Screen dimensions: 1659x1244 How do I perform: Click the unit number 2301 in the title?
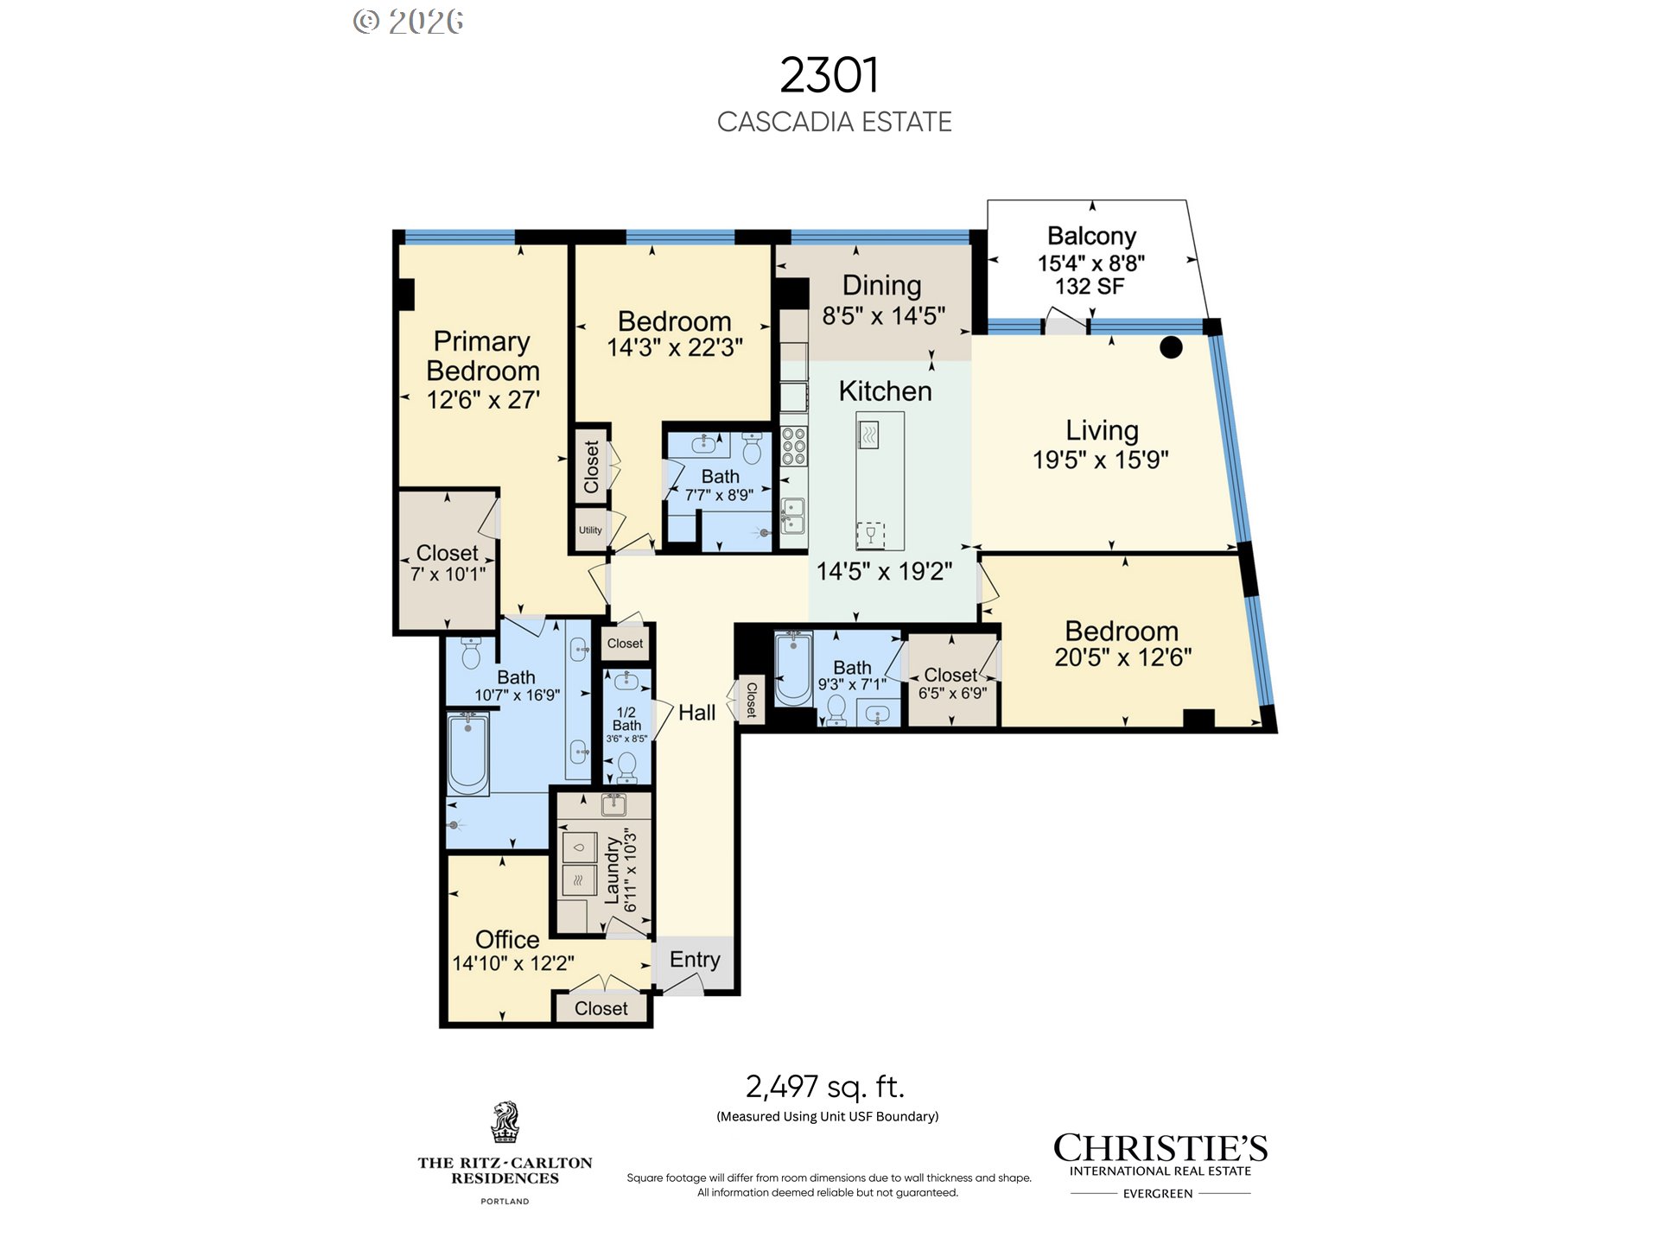pyautogui.click(x=829, y=75)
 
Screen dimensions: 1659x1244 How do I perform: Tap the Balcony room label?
pyautogui.click(x=1091, y=236)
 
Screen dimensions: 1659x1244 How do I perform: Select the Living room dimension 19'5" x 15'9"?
pyautogui.click(x=1101, y=460)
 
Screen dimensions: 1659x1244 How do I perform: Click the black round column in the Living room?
pyautogui.click(x=1171, y=347)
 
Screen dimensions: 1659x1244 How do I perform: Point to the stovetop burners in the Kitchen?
pyautogui.click(x=793, y=446)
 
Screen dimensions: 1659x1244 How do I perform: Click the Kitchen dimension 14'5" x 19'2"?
pyautogui.click(x=884, y=571)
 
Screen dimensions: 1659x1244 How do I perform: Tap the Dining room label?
pyautogui.click(x=881, y=285)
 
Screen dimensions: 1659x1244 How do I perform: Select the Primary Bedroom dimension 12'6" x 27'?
pyautogui.click(x=483, y=400)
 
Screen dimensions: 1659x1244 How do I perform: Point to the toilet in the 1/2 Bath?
pyautogui.click(x=626, y=766)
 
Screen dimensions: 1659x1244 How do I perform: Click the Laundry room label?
pyautogui.click(x=612, y=870)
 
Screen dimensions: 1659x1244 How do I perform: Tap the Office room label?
pyautogui.click(x=507, y=939)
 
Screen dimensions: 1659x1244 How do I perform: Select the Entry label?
pyautogui.click(x=695, y=960)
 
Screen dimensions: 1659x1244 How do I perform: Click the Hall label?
pyautogui.click(x=696, y=713)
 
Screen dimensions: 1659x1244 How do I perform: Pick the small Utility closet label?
pyautogui.click(x=590, y=530)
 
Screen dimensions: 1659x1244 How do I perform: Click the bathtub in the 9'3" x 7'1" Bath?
pyautogui.click(x=793, y=670)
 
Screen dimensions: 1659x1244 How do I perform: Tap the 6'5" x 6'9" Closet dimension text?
pyautogui.click(x=952, y=693)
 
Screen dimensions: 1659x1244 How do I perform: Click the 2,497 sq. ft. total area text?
pyautogui.click(x=825, y=1087)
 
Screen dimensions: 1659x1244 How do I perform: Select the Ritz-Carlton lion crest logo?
pyautogui.click(x=505, y=1122)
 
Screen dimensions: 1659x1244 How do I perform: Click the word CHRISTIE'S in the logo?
pyautogui.click(x=1160, y=1148)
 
